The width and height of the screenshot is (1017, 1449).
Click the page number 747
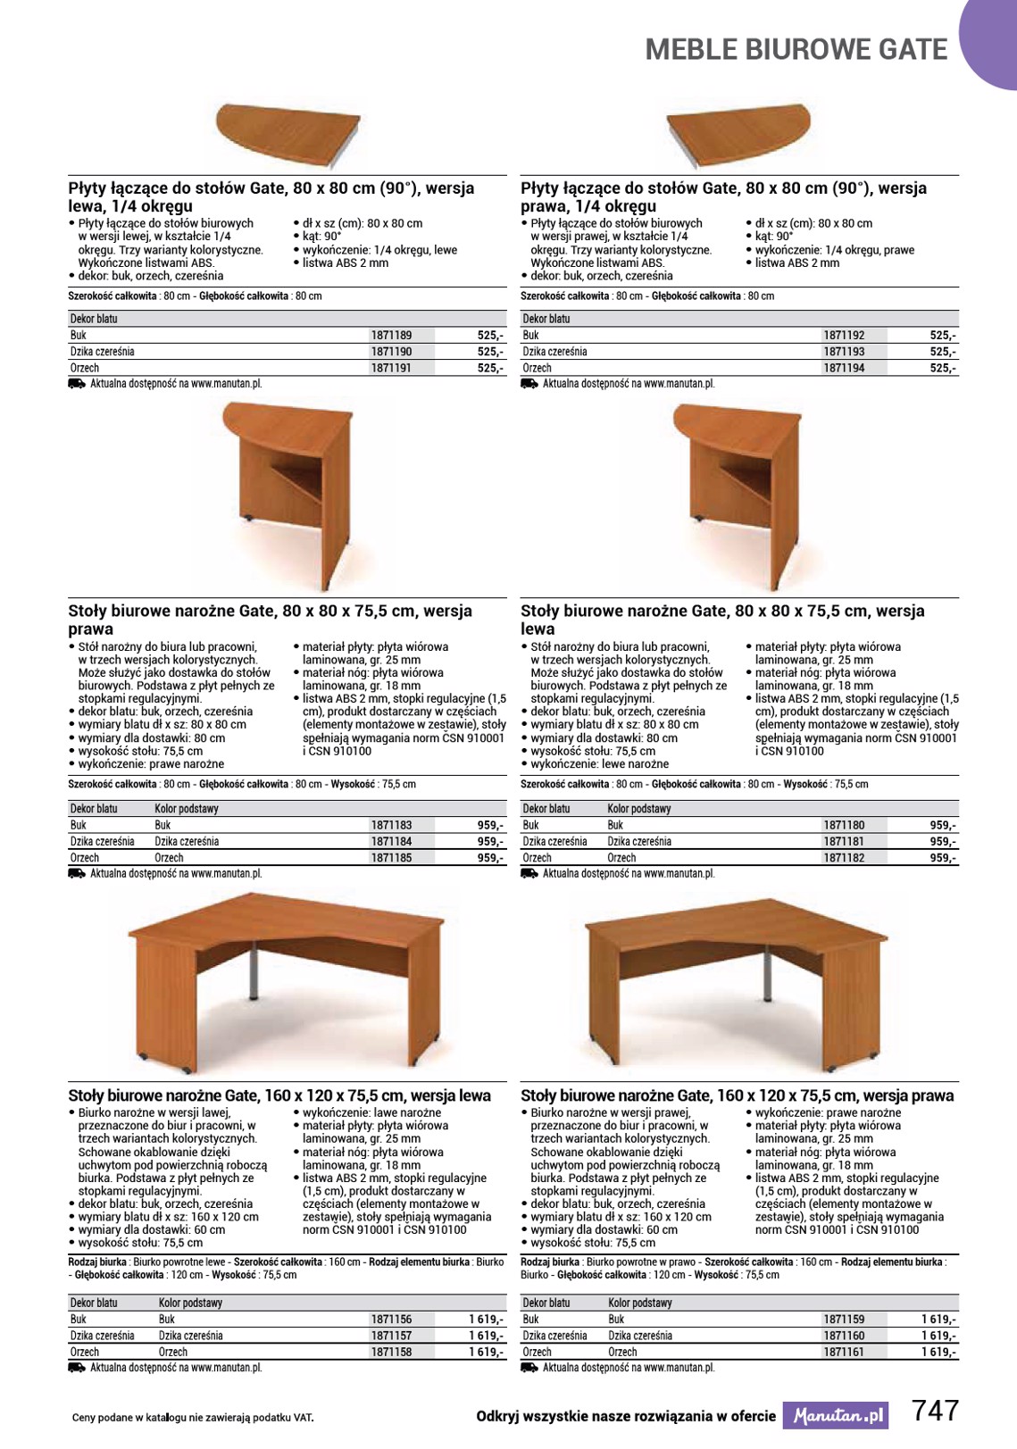(x=935, y=1412)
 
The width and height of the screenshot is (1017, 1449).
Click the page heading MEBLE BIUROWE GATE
(x=796, y=50)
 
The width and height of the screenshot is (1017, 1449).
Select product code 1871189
(x=391, y=336)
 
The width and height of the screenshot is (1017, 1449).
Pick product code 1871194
(x=844, y=368)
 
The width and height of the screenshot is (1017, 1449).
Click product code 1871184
(x=391, y=842)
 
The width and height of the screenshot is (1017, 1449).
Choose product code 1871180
(x=844, y=826)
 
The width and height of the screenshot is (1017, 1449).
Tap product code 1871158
(x=391, y=1353)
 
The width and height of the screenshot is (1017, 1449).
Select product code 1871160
(x=844, y=1337)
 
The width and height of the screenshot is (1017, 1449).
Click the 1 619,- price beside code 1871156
(x=486, y=1320)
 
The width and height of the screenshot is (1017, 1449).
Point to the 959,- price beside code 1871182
(x=942, y=858)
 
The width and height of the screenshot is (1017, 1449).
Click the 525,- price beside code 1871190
(x=490, y=352)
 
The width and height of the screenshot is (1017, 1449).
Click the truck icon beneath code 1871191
(x=77, y=384)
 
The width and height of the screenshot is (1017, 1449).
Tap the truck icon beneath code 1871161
(x=529, y=1368)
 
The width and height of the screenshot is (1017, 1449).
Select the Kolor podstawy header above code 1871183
(x=187, y=809)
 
